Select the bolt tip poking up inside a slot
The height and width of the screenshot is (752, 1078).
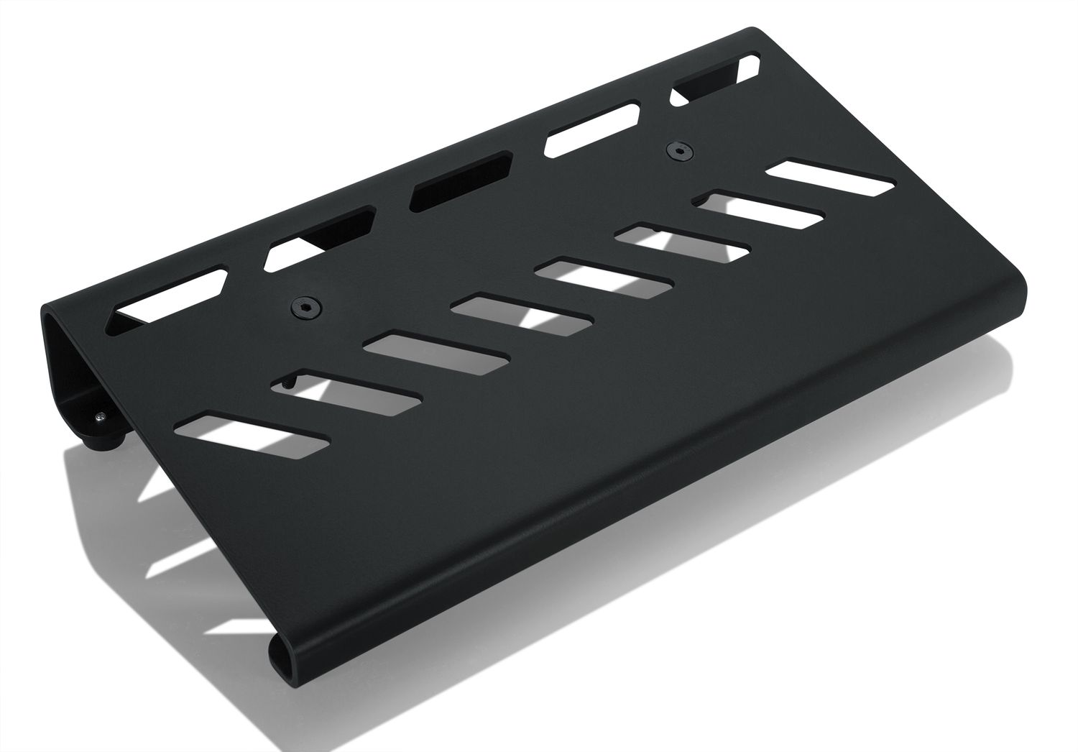288,385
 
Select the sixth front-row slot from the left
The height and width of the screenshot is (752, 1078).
683,242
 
